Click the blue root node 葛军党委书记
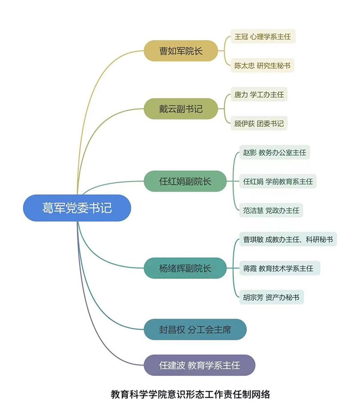click(77, 208)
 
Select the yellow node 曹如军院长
click(181, 51)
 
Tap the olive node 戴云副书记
click(181, 108)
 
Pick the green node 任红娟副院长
click(185, 181)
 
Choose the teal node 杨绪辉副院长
click(185, 268)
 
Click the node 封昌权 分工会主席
click(195, 329)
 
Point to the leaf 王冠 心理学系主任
click(263, 36)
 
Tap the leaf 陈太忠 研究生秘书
click(262, 65)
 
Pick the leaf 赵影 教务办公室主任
click(274, 153)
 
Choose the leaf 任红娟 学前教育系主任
click(278, 181)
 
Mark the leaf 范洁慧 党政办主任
click(271, 210)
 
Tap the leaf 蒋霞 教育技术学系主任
click(278, 268)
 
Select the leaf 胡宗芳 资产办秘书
click(271, 297)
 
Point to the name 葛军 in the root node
click(53, 208)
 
